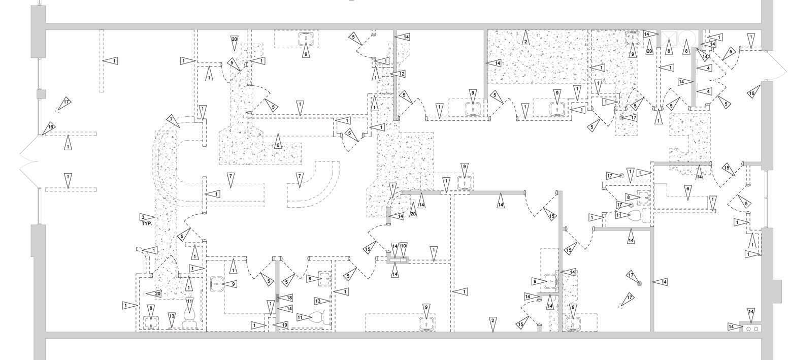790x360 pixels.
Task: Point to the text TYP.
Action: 147,223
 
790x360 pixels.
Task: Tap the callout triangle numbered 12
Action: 401,74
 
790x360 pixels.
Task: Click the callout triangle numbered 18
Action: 288,298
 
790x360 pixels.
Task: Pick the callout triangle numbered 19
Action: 282,325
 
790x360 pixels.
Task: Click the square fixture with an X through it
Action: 669,38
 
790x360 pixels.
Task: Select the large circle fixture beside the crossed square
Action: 687,38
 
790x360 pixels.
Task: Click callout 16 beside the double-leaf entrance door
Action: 49,128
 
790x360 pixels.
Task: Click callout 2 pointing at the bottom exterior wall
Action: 492,323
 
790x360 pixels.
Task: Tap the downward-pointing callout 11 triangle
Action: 189,305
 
